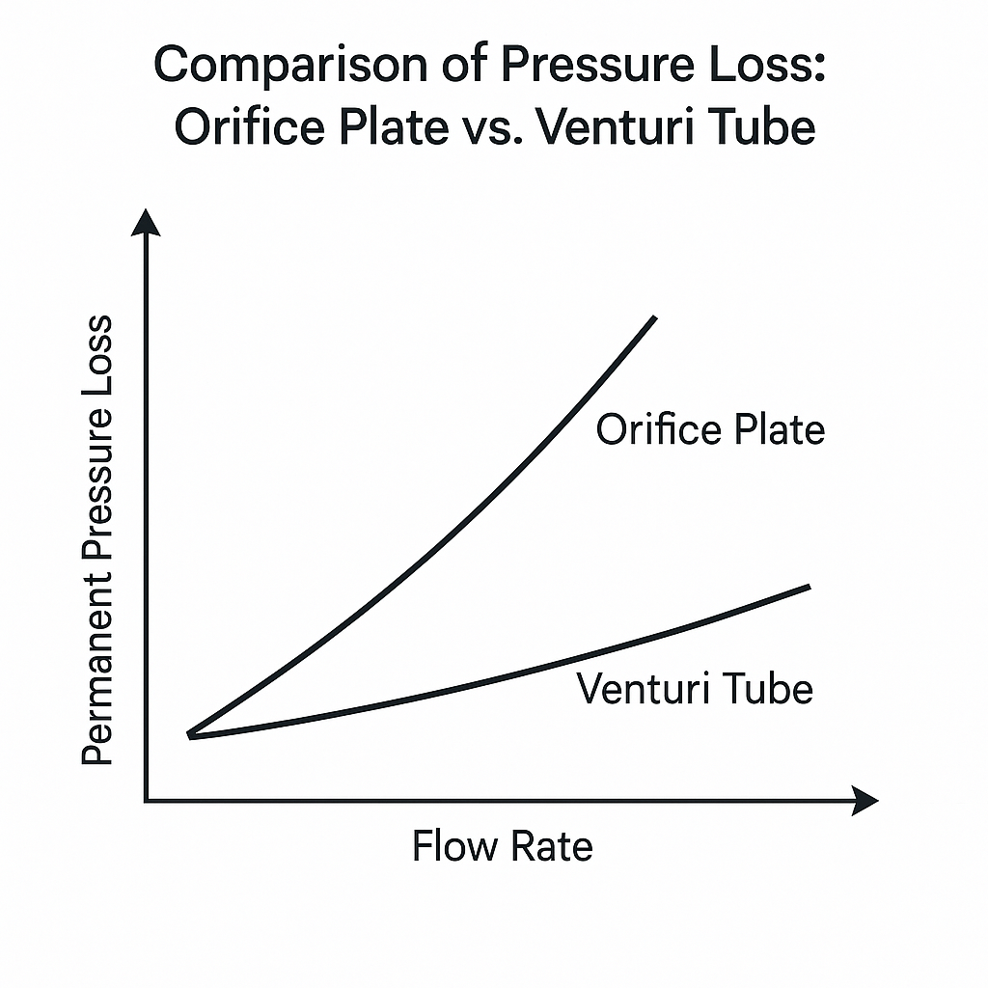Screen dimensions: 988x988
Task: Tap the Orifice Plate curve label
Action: [710, 429]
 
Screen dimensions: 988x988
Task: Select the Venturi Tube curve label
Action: [695, 689]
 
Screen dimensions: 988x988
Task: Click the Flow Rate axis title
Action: [502, 847]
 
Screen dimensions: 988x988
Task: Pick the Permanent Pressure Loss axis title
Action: [97, 540]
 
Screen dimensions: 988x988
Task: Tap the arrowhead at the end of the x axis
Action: [865, 800]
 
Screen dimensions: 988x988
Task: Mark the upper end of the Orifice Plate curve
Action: [655, 317]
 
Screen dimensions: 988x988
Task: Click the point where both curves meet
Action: [190, 735]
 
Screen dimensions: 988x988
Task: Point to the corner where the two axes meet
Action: [146, 800]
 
